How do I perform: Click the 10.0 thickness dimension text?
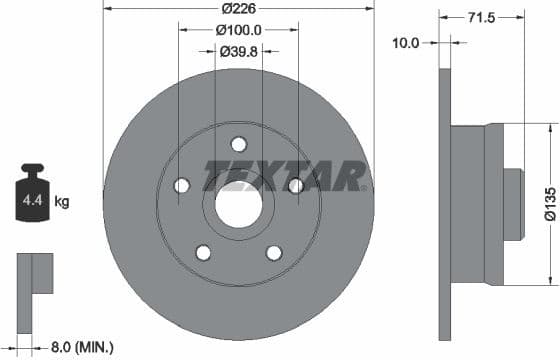tap(407, 43)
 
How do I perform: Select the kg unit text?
tap(62, 203)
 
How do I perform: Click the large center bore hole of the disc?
tap(238, 207)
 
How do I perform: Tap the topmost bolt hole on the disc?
tap(238, 143)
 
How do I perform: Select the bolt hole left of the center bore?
tap(181, 186)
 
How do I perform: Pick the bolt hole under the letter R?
tap(295, 186)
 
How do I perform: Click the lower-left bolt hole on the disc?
tap(203, 252)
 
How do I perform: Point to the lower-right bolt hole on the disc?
tap(273, 252)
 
